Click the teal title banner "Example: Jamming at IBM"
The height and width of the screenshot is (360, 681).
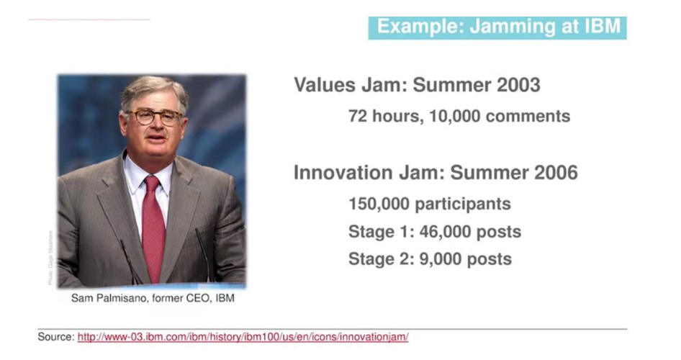[x=497, y=28]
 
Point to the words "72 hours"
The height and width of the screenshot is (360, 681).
[x=386, y=117]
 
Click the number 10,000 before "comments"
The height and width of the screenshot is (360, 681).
[x=455, y=117]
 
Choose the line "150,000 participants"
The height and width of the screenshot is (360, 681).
[x=430, y=204]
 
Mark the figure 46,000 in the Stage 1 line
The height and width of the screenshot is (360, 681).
[x=445, y=232]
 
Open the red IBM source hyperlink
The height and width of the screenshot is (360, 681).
[x=243, y=337]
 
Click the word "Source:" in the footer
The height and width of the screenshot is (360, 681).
[x=56, y=337]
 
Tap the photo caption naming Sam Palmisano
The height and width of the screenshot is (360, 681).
[x=153, y=298]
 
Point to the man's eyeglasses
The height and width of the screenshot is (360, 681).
[x=154, y=117]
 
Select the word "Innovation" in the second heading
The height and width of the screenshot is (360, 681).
[x=343, y=172]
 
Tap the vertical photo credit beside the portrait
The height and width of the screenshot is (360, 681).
[x=50, y=258]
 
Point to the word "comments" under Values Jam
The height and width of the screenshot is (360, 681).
[x=528, y=117]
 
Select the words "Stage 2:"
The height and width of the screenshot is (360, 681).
[x=381, y=259]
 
